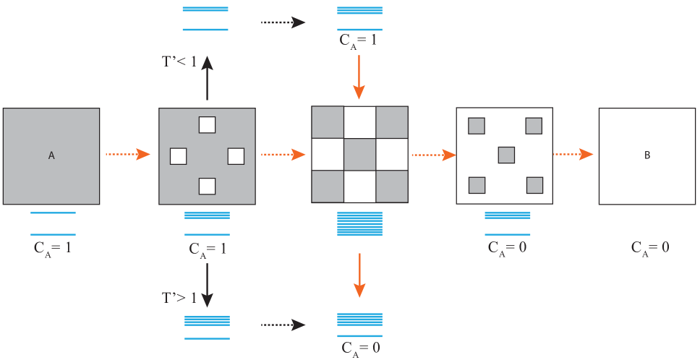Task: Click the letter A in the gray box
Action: tap(51, 155)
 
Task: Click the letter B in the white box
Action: tap(646, 155)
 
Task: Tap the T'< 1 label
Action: tap(179, 61)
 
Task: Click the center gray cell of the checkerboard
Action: tap(359, 154)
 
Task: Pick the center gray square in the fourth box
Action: tap(506, 155)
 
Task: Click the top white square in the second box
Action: tap(207, 125)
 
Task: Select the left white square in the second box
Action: tap(178, 155)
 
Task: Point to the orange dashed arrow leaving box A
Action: tap(127, 154)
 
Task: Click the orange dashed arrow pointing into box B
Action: tap(573, 154)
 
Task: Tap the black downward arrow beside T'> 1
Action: tap(207, 286)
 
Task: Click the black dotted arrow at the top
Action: tap(283, 22)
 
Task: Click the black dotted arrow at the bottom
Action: tap(283, 325)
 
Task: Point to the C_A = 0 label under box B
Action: tap(649, 247)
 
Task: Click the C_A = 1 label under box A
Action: tap(52, 247)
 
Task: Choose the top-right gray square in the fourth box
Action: tap(534, 126)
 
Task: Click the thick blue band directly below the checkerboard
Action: tap(359, 228)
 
